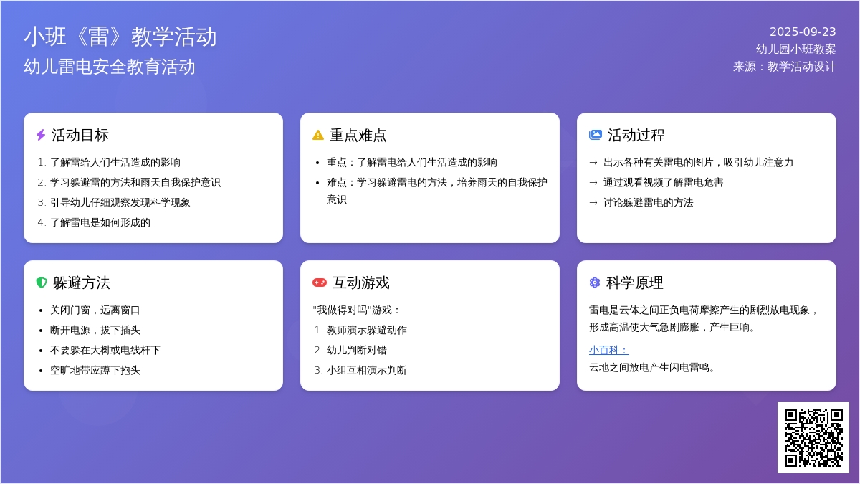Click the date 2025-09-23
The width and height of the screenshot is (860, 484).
[x=803, y=32]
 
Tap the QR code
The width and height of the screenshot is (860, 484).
[x=813, y=437]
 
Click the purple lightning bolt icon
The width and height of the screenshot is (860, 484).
[x=41, y=135]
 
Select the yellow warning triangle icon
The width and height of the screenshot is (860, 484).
[x=318, y=135]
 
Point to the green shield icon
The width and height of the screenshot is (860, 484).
[x=41, y=283]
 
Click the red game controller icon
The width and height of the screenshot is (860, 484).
[x=320, y=283]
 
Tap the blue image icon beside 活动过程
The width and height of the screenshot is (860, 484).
[x=595, y=135]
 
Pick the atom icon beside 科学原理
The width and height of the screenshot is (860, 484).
[x=594, y=283]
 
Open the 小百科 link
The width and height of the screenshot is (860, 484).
[x=609, y=350]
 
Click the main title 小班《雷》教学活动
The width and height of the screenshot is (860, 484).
[x=120, y=37]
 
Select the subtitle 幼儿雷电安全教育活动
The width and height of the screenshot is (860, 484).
[x=110, y=67]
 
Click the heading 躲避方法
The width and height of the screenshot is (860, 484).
[x=82, y=283]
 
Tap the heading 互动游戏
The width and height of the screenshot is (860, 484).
[x=361, y=283]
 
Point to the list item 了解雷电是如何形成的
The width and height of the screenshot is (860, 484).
[x=100, y=222]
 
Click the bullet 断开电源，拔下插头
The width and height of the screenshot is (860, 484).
[x=95, y=330]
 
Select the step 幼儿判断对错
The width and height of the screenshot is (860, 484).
[x=357, y=350]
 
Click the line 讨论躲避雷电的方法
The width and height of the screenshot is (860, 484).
[x=648, y=202]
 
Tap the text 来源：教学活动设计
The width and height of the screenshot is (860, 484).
[x=784, y=67]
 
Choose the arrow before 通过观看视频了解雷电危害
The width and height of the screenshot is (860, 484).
[x=593, y=182]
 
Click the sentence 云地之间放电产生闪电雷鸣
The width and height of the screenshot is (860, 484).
[x=652, y=368]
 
